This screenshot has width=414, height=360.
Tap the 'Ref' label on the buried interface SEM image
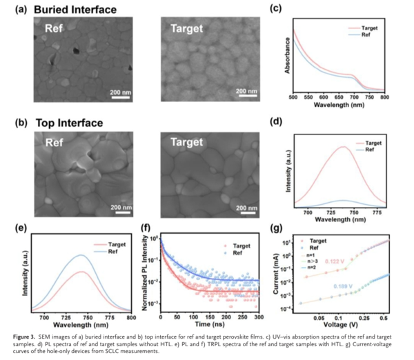55,30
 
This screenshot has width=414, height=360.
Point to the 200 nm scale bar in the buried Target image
246,95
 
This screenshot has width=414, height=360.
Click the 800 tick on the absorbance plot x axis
384,98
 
